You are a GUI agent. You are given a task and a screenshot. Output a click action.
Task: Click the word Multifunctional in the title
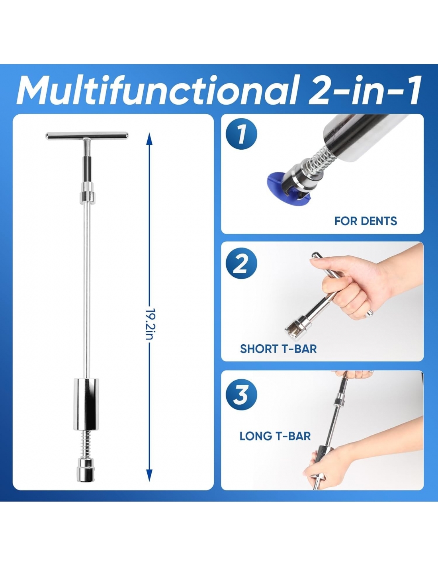pos(157,90)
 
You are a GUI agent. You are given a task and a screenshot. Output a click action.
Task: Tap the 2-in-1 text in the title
pos(365,90)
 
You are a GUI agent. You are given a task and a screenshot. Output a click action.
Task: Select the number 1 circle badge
pos(241,134)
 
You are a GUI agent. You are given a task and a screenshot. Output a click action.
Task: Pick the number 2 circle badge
pos(241,263)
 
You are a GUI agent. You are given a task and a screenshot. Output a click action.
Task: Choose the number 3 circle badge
pos(241,395)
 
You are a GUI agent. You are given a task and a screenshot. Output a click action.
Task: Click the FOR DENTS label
pos(366,221)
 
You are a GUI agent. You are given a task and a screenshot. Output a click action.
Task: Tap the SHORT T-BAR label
pos(278,349)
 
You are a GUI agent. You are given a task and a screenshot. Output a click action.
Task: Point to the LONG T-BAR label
pos(275,436)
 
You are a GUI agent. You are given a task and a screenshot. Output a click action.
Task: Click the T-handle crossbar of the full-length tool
pos(87,136)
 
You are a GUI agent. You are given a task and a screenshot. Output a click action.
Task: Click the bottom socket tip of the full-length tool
pos(86,470)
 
